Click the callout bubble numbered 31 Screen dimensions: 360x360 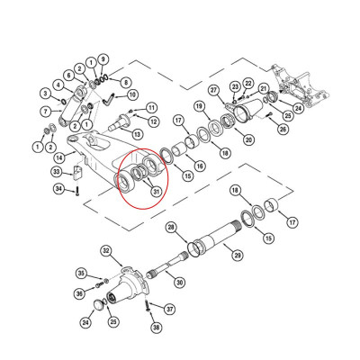pyautogui.click(x=155, y=189)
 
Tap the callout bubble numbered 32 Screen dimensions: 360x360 pyautogui.click(x=105, y=250)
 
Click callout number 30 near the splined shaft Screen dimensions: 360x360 pyautogui.click(x=179, y=283)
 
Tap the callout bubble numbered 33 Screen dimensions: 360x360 pyautogui.click(x=56, y=172)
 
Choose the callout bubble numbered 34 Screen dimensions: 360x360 pyautogui.click(x=58, y=190)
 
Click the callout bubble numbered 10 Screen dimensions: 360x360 pyautogui.click(x=132, y=94)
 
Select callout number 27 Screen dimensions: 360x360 pyautogui.click(x=214, y=90)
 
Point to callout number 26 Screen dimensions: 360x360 pyautogui.click(x=282, y=130)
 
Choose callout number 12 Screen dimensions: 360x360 pyautogui.click(x=154, y=121)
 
